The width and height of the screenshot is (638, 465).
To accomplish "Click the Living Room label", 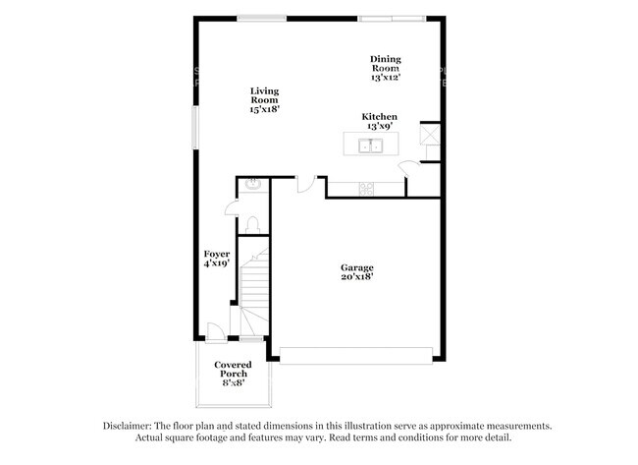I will tap(265, 100).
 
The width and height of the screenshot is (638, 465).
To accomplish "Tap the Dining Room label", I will tap(385, 67).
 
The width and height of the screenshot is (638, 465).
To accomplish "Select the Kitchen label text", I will tap(380, 116).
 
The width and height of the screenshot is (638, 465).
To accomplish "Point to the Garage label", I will tap(356, 267).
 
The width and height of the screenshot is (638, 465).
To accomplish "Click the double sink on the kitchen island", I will tap(371, 147).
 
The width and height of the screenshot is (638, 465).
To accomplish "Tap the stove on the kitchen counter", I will tap(365, 188).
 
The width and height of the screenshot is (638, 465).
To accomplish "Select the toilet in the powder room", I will tap(252, 224).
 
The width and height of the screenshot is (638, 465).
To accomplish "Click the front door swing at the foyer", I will tap(214, 331).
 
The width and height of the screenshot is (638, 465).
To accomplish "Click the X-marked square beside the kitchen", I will tap(429, 133).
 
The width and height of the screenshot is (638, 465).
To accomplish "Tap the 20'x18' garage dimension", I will tap(356, 278).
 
